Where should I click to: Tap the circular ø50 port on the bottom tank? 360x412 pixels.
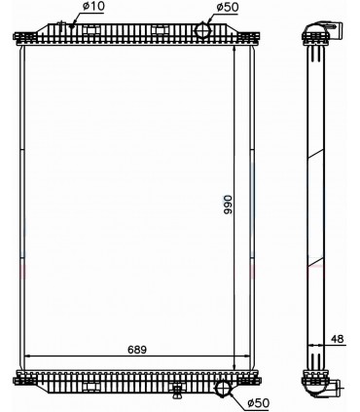click(224, 390)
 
